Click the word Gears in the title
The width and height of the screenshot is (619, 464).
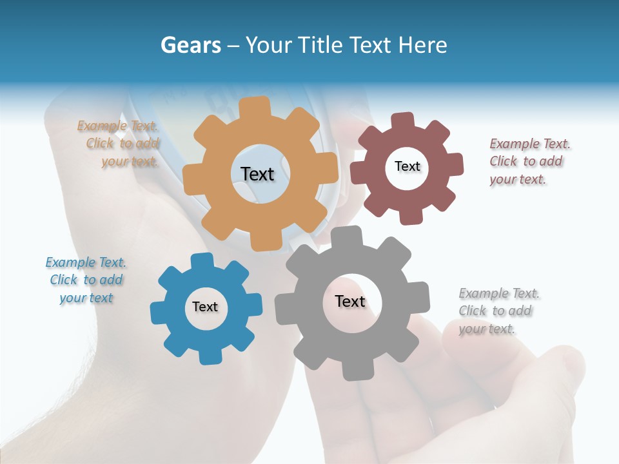point(190,45)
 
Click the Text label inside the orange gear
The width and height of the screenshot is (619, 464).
point(257,174)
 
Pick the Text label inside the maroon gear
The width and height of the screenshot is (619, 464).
point(407,166)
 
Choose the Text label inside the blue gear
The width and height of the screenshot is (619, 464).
point(204,307)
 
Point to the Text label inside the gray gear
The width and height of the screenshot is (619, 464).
point(350,301)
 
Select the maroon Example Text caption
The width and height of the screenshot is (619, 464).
point(529,161)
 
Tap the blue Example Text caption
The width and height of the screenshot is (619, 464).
point(86,280)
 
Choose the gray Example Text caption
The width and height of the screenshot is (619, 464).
point(498,311)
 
